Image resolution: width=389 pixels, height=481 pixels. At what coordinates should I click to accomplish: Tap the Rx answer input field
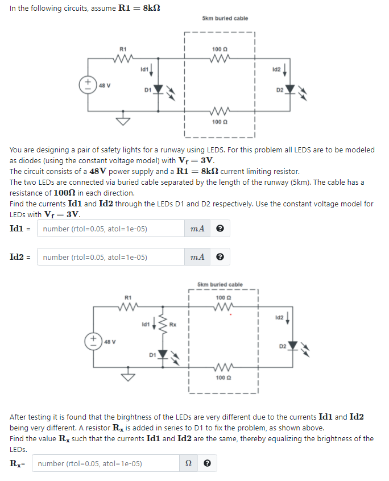coord(105,463)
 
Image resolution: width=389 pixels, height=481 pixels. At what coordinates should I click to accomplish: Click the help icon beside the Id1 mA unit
coord(220,229)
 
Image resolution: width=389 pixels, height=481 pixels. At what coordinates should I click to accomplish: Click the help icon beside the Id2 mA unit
coord(220,257)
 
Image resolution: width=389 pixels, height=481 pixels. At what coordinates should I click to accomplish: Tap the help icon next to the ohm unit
coord(207,463)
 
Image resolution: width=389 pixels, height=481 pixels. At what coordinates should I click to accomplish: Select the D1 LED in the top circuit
coord(159,89)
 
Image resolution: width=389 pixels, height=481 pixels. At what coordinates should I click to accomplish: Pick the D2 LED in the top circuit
coord(291,89)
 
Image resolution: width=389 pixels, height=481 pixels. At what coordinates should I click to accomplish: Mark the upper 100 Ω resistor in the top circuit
coord(220,57)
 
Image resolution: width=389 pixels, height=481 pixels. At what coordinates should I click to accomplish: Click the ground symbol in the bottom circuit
coord(127,376)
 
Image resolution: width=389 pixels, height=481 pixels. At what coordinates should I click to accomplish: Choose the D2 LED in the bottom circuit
coord(293,345)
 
